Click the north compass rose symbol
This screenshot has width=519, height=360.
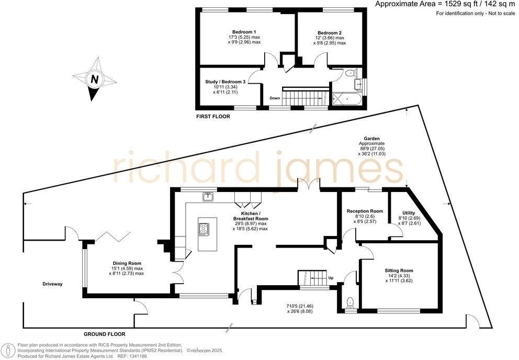[95, 80]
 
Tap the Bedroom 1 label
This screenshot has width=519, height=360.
[244, 32]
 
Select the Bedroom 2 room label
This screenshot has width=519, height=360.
[330, 32]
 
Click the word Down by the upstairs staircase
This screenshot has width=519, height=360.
[275, 98]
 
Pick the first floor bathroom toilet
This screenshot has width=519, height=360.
[351, 73]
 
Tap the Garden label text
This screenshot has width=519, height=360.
[371, 139]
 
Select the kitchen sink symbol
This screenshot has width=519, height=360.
[208, 197]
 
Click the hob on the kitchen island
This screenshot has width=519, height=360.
[204, 229]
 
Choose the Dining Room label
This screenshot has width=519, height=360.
[127, 263]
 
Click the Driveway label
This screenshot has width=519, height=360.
[53, 284]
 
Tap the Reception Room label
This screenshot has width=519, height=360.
[365, 211]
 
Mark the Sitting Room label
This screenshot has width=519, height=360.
[399, 271]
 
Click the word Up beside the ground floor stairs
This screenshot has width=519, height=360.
[330, 278]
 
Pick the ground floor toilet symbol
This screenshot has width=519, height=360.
[351, 302]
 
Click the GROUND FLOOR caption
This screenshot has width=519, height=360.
[105, 333]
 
